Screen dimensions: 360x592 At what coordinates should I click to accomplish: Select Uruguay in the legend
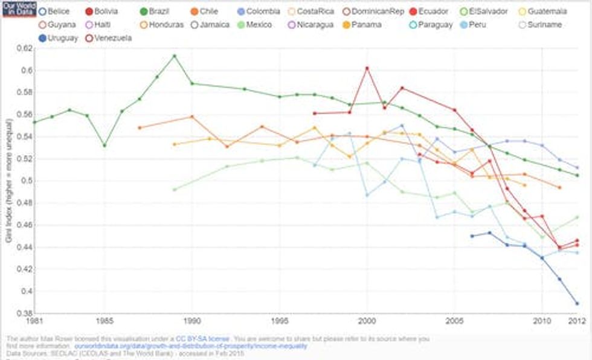[x=59, y=38]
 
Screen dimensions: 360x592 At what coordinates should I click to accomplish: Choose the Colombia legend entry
[x=259, y=11]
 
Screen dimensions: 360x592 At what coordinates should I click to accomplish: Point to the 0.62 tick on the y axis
[x=23, y=48]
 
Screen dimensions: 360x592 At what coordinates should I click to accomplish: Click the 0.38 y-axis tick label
[x=23, y=313]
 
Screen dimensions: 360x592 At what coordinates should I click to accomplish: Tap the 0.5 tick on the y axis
[x=25, y=181]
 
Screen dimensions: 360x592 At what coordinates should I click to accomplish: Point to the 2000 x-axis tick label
[x=367, y=320]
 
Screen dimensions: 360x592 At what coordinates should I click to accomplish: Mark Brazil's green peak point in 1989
[x=175, y=56]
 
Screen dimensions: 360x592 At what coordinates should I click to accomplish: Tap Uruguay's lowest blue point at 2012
[x=578, y=303]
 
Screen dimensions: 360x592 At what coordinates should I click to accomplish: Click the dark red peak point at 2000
[x=367, y=68]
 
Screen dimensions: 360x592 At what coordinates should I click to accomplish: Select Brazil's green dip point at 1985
[x=105, y=146]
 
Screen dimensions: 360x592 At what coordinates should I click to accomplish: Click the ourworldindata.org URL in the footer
[x=190, y=346]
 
